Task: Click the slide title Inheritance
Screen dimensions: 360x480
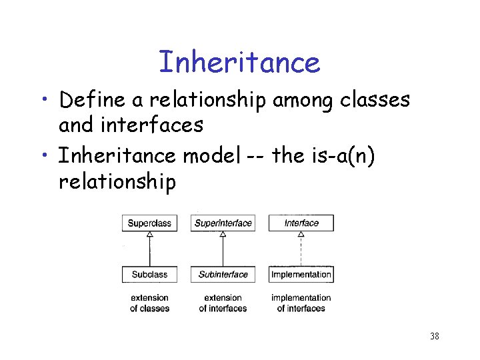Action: tap(239, 63)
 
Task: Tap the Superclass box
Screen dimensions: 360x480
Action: tap(149, 223)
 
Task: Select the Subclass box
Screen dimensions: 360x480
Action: tap(149, 274)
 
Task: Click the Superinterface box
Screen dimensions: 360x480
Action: tap(223, 223)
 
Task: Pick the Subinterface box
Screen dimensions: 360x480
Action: tap(223, 274)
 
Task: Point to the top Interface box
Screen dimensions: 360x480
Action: tap(301, 223)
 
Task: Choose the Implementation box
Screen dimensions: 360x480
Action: tap(301, 274)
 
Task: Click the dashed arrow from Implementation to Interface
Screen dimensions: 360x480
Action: tap(301, 249)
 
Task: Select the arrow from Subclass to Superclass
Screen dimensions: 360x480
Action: tap(149, 249)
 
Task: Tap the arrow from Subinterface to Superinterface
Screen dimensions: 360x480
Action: tap(223, 249)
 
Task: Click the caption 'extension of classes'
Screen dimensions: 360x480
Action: tap(149, 303)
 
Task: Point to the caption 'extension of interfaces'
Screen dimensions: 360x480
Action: tap(223, 303)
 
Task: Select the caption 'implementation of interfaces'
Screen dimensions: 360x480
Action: tap(301, 303)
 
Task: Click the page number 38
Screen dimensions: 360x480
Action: tap(434, 336)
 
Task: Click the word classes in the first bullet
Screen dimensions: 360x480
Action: tap(375, 100)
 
